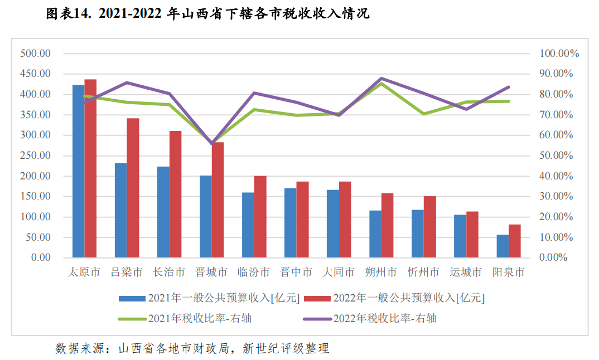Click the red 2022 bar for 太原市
click(x=90, y=168)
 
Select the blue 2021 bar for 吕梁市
click(x=120, y=210)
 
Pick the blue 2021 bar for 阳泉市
click(x=502, y=246)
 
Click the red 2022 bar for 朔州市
click(x=387, y=225)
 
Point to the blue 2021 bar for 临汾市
click(x=248, y=225)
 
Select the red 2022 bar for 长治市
click(x=175, y=194)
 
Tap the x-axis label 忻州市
click(x=423, y=273)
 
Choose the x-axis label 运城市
click(x=466, y=273)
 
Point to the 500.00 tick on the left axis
click(x=35, y=53)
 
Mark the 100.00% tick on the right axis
click(x=559, y=53)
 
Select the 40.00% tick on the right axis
click(x=557, y=176)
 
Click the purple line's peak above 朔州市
click(x=381, y=79)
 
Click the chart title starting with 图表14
click(x=207, y=14)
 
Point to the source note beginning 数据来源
click(x=192, y=349)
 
